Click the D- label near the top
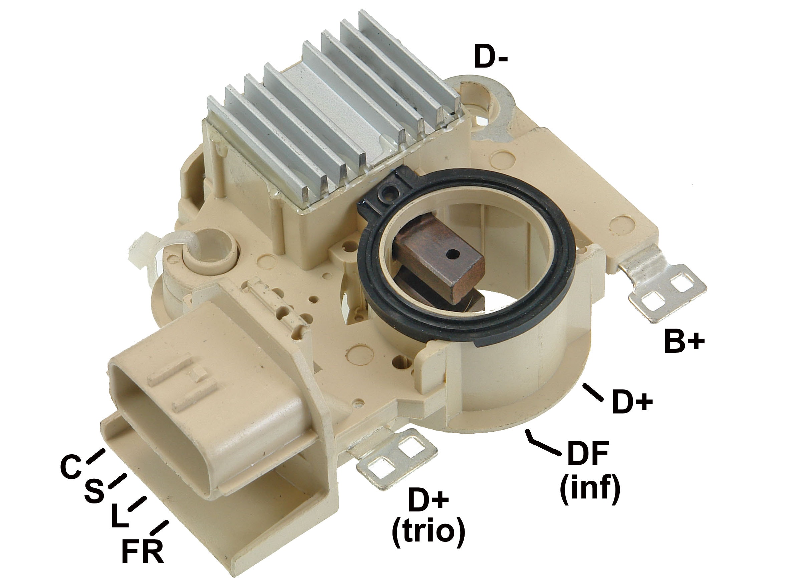click(491, 58)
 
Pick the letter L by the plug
click(119, 517)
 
